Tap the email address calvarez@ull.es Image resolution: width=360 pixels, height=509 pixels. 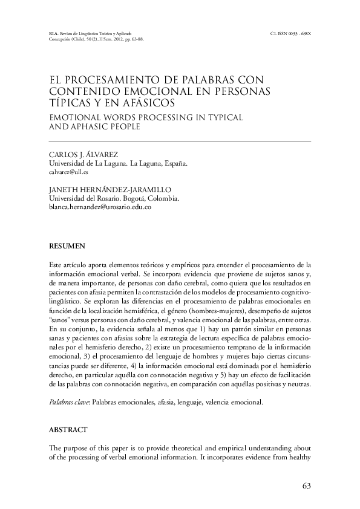pyautogui.click(x=68, y=172)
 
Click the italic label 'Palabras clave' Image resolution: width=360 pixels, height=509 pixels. pyautogui.click(x=66, y=401)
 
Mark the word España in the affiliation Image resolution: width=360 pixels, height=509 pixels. pyautogui.click(x=175, y=163)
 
